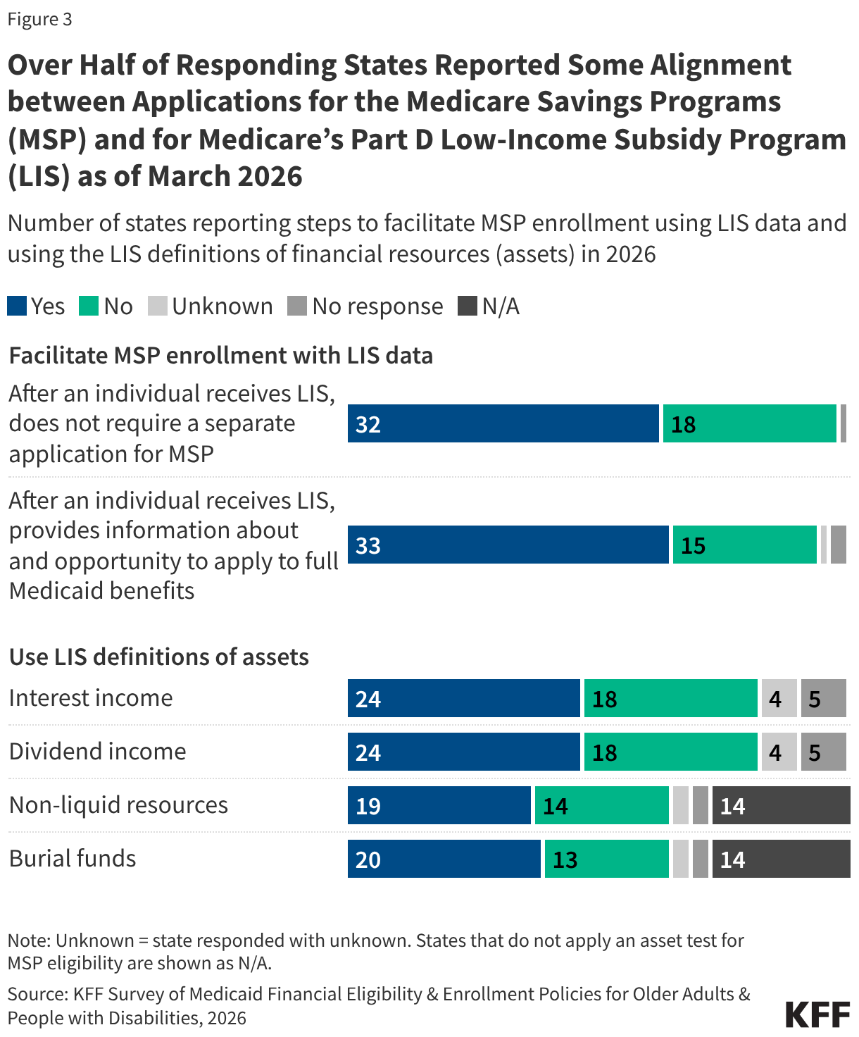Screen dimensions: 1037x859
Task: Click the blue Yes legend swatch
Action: tap(17, 306)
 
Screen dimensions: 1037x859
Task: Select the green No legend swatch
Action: tap(89, 306)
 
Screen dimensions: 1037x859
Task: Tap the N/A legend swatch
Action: tap(468, 306)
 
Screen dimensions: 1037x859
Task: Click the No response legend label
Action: tap(377, 306)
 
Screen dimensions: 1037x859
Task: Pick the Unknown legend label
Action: tap(222, 306)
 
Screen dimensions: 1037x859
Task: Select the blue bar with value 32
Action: tap(503, 423)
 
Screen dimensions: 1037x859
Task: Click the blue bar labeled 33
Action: tap(508, 545)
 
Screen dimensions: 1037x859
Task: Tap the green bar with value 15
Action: tap(744, 545)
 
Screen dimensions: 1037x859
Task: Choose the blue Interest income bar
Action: tap(463, 698)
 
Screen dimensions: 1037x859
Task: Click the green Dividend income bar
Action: tap(670, 752)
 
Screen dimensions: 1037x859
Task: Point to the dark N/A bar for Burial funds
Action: tap(781, 859)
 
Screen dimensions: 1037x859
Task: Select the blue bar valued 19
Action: tap(439, 805)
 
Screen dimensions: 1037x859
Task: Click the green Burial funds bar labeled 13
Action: tap(606, 859)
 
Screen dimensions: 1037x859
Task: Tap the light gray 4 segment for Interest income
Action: tap(779, 698)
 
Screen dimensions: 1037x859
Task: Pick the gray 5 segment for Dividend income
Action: tap(823, 752)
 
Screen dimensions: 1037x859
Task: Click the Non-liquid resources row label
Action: tap(118, 805)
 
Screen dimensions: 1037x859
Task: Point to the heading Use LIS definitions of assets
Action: tap(159, 657)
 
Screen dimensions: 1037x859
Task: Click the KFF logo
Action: tap(817, 1015)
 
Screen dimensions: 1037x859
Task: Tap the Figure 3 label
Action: tap(39, 19)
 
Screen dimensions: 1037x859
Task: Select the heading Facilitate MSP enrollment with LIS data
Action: tap(220, 355)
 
